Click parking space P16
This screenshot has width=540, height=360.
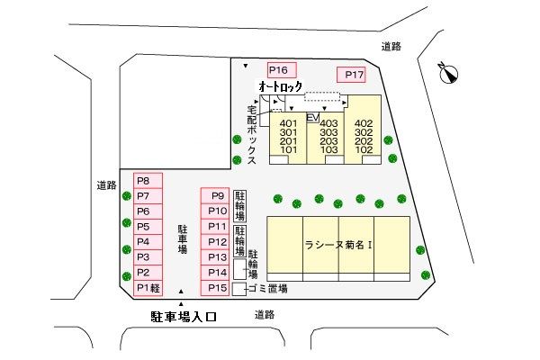click(278, 70)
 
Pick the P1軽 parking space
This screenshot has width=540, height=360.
click(148, 288)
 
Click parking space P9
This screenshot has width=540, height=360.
click(216, 196)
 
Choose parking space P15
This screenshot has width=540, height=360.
click(216, 288)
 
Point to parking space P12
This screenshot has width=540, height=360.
click(216, 242)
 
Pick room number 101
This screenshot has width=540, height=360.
click(288, 150)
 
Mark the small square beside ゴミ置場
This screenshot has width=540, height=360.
click(238, 290)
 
